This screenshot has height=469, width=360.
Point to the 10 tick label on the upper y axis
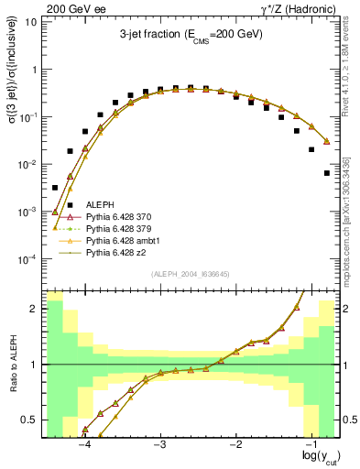point(30,22)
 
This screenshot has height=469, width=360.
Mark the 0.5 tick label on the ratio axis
point(28,420)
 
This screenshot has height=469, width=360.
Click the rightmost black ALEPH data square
point(327,173)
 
